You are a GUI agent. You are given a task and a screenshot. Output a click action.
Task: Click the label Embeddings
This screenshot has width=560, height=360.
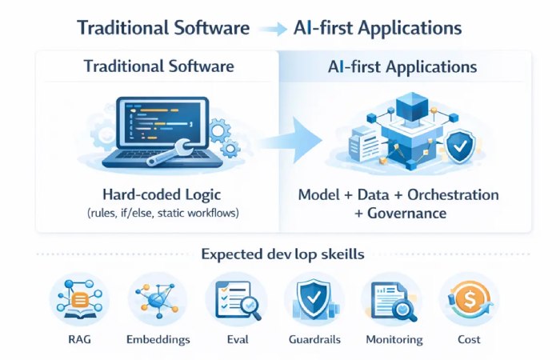tap(158, 339)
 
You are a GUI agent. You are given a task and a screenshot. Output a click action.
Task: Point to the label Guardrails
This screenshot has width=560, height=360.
tap(314, 339)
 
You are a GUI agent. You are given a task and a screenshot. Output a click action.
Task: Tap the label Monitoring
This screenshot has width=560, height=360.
tap(394, 339)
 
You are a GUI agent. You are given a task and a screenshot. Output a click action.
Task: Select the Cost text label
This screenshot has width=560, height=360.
tap(470, 339)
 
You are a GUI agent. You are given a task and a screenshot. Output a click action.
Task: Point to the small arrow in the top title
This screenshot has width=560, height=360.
tap(274, 29)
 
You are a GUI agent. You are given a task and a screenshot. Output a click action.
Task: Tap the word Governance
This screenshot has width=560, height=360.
tap(407, 214)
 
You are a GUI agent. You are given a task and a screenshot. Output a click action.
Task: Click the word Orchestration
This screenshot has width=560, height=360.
tap(453, 195)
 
